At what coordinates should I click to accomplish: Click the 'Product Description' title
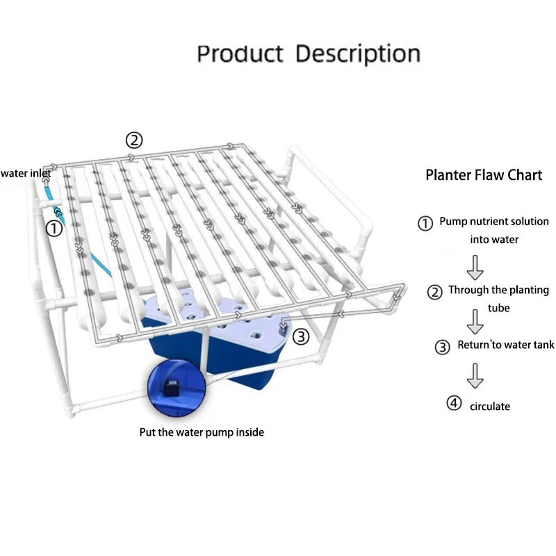pos(309,54)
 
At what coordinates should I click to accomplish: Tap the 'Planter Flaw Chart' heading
pos(484,174)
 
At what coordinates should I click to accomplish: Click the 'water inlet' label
pos(25,173)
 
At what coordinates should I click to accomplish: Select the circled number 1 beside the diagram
pos(54,227)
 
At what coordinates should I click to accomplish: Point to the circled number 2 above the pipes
pos(134,140)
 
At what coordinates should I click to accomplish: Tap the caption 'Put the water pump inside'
pos(202,432)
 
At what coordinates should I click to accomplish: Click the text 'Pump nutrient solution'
pos(493,222)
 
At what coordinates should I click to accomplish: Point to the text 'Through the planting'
pos(498,290)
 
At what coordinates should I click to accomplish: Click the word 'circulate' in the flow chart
pos(489,406)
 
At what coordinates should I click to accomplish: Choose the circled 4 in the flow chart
pos(454,402)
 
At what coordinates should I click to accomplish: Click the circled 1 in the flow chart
pos(425,223)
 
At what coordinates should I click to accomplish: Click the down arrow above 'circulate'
pos(475,375)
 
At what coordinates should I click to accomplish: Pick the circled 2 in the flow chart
pos(434,292)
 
